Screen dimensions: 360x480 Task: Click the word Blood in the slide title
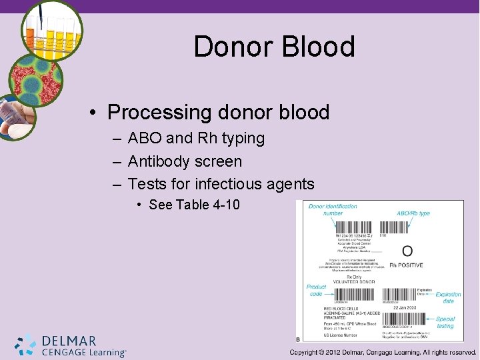point(317,47)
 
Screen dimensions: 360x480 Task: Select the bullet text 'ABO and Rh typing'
point(196,139)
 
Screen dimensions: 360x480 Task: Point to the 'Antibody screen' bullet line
point(185,161)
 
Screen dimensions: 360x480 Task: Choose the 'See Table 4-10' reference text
point(194,205)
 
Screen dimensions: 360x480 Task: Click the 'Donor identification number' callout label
point(332,210)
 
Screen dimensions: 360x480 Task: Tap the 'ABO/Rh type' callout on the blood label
point(413,213)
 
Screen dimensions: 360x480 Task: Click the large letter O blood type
point(407,251)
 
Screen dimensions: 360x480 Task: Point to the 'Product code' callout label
point(316,290)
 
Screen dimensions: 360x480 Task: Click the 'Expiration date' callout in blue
point(448,297)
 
